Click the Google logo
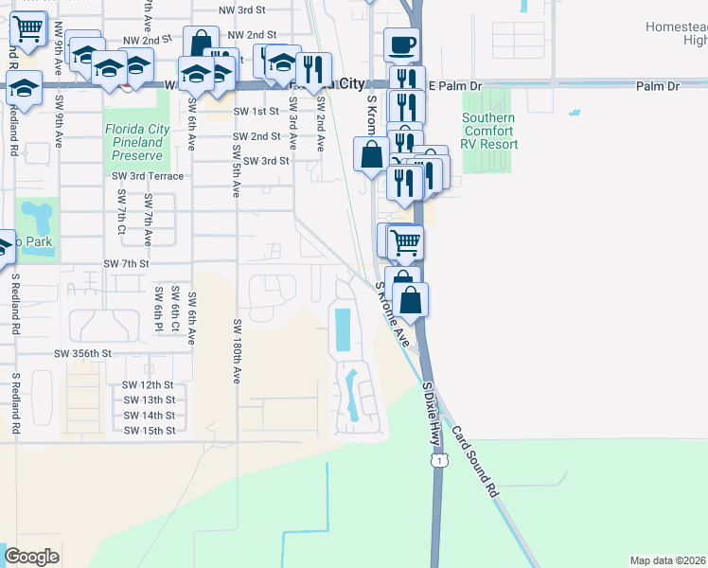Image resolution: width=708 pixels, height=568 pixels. pos(31,557)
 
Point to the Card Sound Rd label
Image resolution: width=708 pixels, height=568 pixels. pos(474,461)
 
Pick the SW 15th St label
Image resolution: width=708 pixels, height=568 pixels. pos(150,431)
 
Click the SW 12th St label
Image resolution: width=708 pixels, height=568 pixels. pos(150,385)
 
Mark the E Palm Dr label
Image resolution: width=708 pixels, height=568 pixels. pos(455,86)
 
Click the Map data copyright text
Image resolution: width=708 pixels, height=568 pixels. pos(668,560)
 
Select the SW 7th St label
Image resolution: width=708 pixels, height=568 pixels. pos(126,263)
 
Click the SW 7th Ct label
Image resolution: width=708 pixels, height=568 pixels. pos(121,213)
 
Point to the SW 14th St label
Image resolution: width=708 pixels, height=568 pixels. pos(150,416)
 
